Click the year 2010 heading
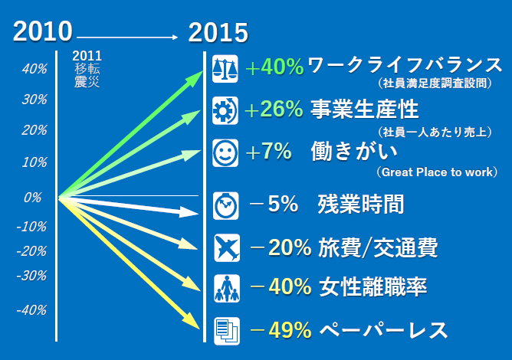(42, 31)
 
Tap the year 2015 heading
(218, 32)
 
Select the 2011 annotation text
(87, 56)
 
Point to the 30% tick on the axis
(34, 100)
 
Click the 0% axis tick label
(33, 198)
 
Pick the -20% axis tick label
(31, 251)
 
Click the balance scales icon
(225, 69)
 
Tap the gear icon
(225, 110)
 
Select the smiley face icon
(225, 152)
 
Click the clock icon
(225, 205)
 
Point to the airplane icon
(227, 247)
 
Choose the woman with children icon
(227, 289)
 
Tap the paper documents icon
(227, 331)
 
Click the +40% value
(274, 67)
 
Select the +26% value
(274, 109)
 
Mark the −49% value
(281, 330)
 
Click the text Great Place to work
(437, 172)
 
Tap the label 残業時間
(361, 204)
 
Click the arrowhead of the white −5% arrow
(189, 212)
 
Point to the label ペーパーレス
(383, 330)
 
